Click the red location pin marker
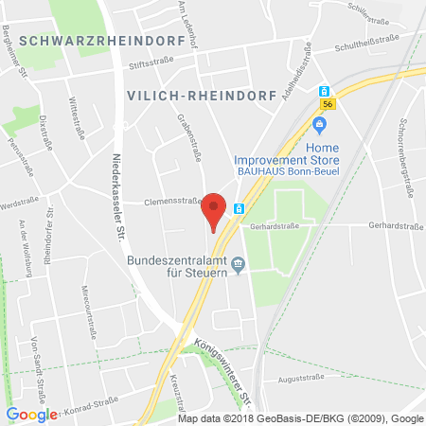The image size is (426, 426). [x=215, y=210]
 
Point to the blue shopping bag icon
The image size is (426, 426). [x=320, y=123]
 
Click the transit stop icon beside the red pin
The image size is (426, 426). [x=240, y=208]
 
